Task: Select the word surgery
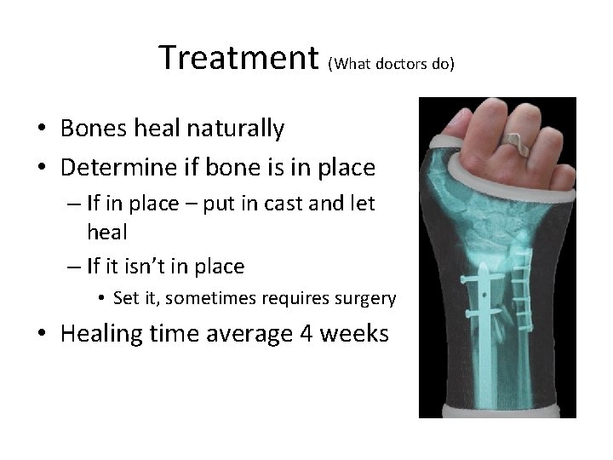366,299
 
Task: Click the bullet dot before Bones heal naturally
41,130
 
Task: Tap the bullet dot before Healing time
41,335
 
